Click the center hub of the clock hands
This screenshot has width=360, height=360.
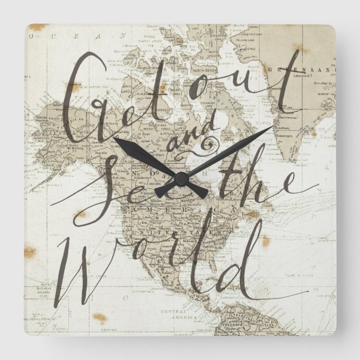click(180, 179)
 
